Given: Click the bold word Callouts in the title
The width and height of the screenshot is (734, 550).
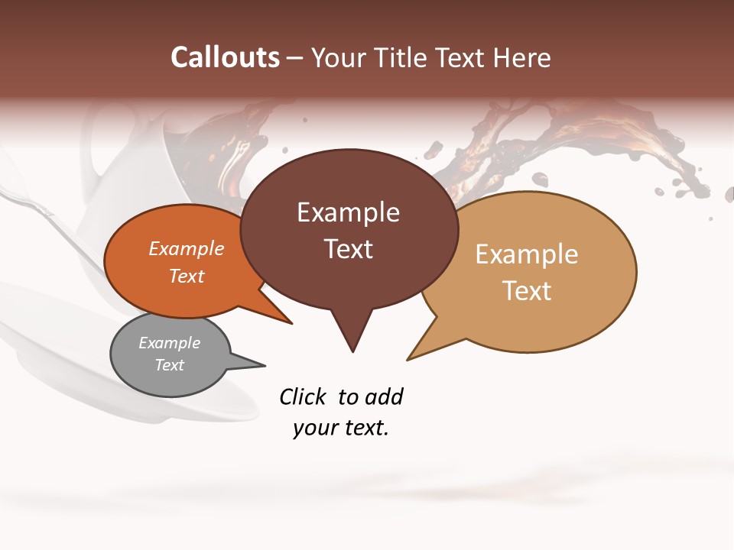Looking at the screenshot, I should click(x=225, y=57).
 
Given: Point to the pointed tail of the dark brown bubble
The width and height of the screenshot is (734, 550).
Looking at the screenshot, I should click(x=352, y=340).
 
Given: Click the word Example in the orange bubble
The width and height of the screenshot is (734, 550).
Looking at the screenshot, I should click(x=187, y=248).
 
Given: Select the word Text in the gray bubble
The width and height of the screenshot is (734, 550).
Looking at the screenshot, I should click(x=170, y=365).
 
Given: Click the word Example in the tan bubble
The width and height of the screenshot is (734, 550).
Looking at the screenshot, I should click(x=527, y=254).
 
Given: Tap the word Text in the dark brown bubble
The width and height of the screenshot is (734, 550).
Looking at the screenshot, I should click(x=349, y=249).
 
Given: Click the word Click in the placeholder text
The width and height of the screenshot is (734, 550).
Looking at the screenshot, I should click(x=303, y=396).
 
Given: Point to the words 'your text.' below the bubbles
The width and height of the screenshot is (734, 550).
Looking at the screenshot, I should click(x=341, y=428).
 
